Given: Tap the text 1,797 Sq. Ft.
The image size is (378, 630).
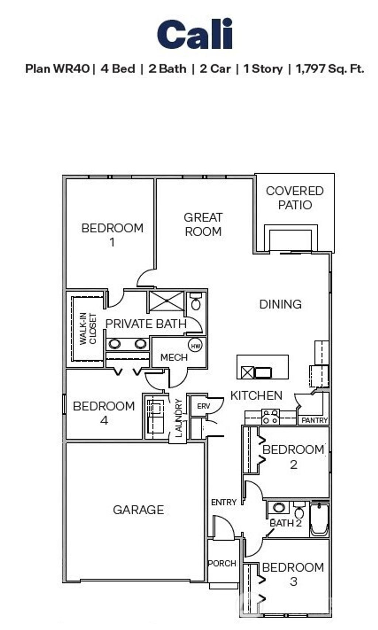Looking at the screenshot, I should [x=330, y=69].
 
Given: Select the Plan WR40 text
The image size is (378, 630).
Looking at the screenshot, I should [x=57, y=69].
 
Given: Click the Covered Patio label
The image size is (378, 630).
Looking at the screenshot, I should [x=295, y=198].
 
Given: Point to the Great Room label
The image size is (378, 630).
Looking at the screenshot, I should [x=203, y=224].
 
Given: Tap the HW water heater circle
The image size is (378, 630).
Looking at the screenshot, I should [x=196, y=345].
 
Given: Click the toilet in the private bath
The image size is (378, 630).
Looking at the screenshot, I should [x=196, y=302].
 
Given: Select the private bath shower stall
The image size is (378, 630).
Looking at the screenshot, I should [x=166, y=301].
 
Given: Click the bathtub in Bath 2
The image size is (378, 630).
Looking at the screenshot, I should [x=319, y=520].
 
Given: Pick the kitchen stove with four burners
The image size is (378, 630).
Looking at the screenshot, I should [x=270, y=416].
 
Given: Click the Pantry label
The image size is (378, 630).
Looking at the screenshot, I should [x=315, y=420].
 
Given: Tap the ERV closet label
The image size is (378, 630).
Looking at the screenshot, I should [x=203, y=406].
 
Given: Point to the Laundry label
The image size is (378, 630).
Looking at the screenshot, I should [x=179, y=418].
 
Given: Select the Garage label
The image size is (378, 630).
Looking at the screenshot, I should [x=138, y=510].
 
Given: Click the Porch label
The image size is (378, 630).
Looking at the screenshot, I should [x=222, y=563].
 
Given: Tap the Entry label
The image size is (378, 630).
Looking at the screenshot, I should [x=224, y=502].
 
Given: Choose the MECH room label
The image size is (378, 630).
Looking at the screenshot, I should [x=174, y=357].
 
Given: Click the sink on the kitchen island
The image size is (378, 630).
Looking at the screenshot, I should [x=263, y=372].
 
